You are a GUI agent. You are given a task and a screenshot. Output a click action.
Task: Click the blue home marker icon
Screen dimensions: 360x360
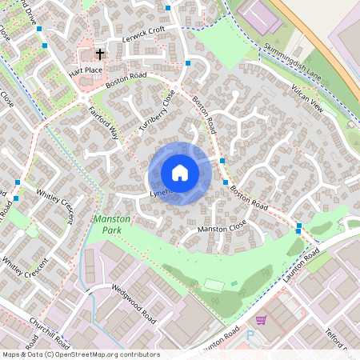[180, 173]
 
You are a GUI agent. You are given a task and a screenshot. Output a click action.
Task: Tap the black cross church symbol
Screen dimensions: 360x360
[100, 55]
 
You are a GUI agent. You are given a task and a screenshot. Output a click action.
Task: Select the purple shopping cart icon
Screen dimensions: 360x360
[260, 320]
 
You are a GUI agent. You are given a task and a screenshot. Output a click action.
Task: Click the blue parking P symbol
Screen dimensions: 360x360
[249, 336]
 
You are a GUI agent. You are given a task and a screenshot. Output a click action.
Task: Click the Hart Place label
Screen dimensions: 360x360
[86, 70]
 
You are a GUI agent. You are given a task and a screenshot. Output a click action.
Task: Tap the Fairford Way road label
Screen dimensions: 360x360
[102, 123]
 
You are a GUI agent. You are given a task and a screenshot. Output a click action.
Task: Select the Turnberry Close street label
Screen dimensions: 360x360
[156, 110]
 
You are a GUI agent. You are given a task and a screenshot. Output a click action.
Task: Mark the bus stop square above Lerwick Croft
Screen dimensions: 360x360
[168, 8]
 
